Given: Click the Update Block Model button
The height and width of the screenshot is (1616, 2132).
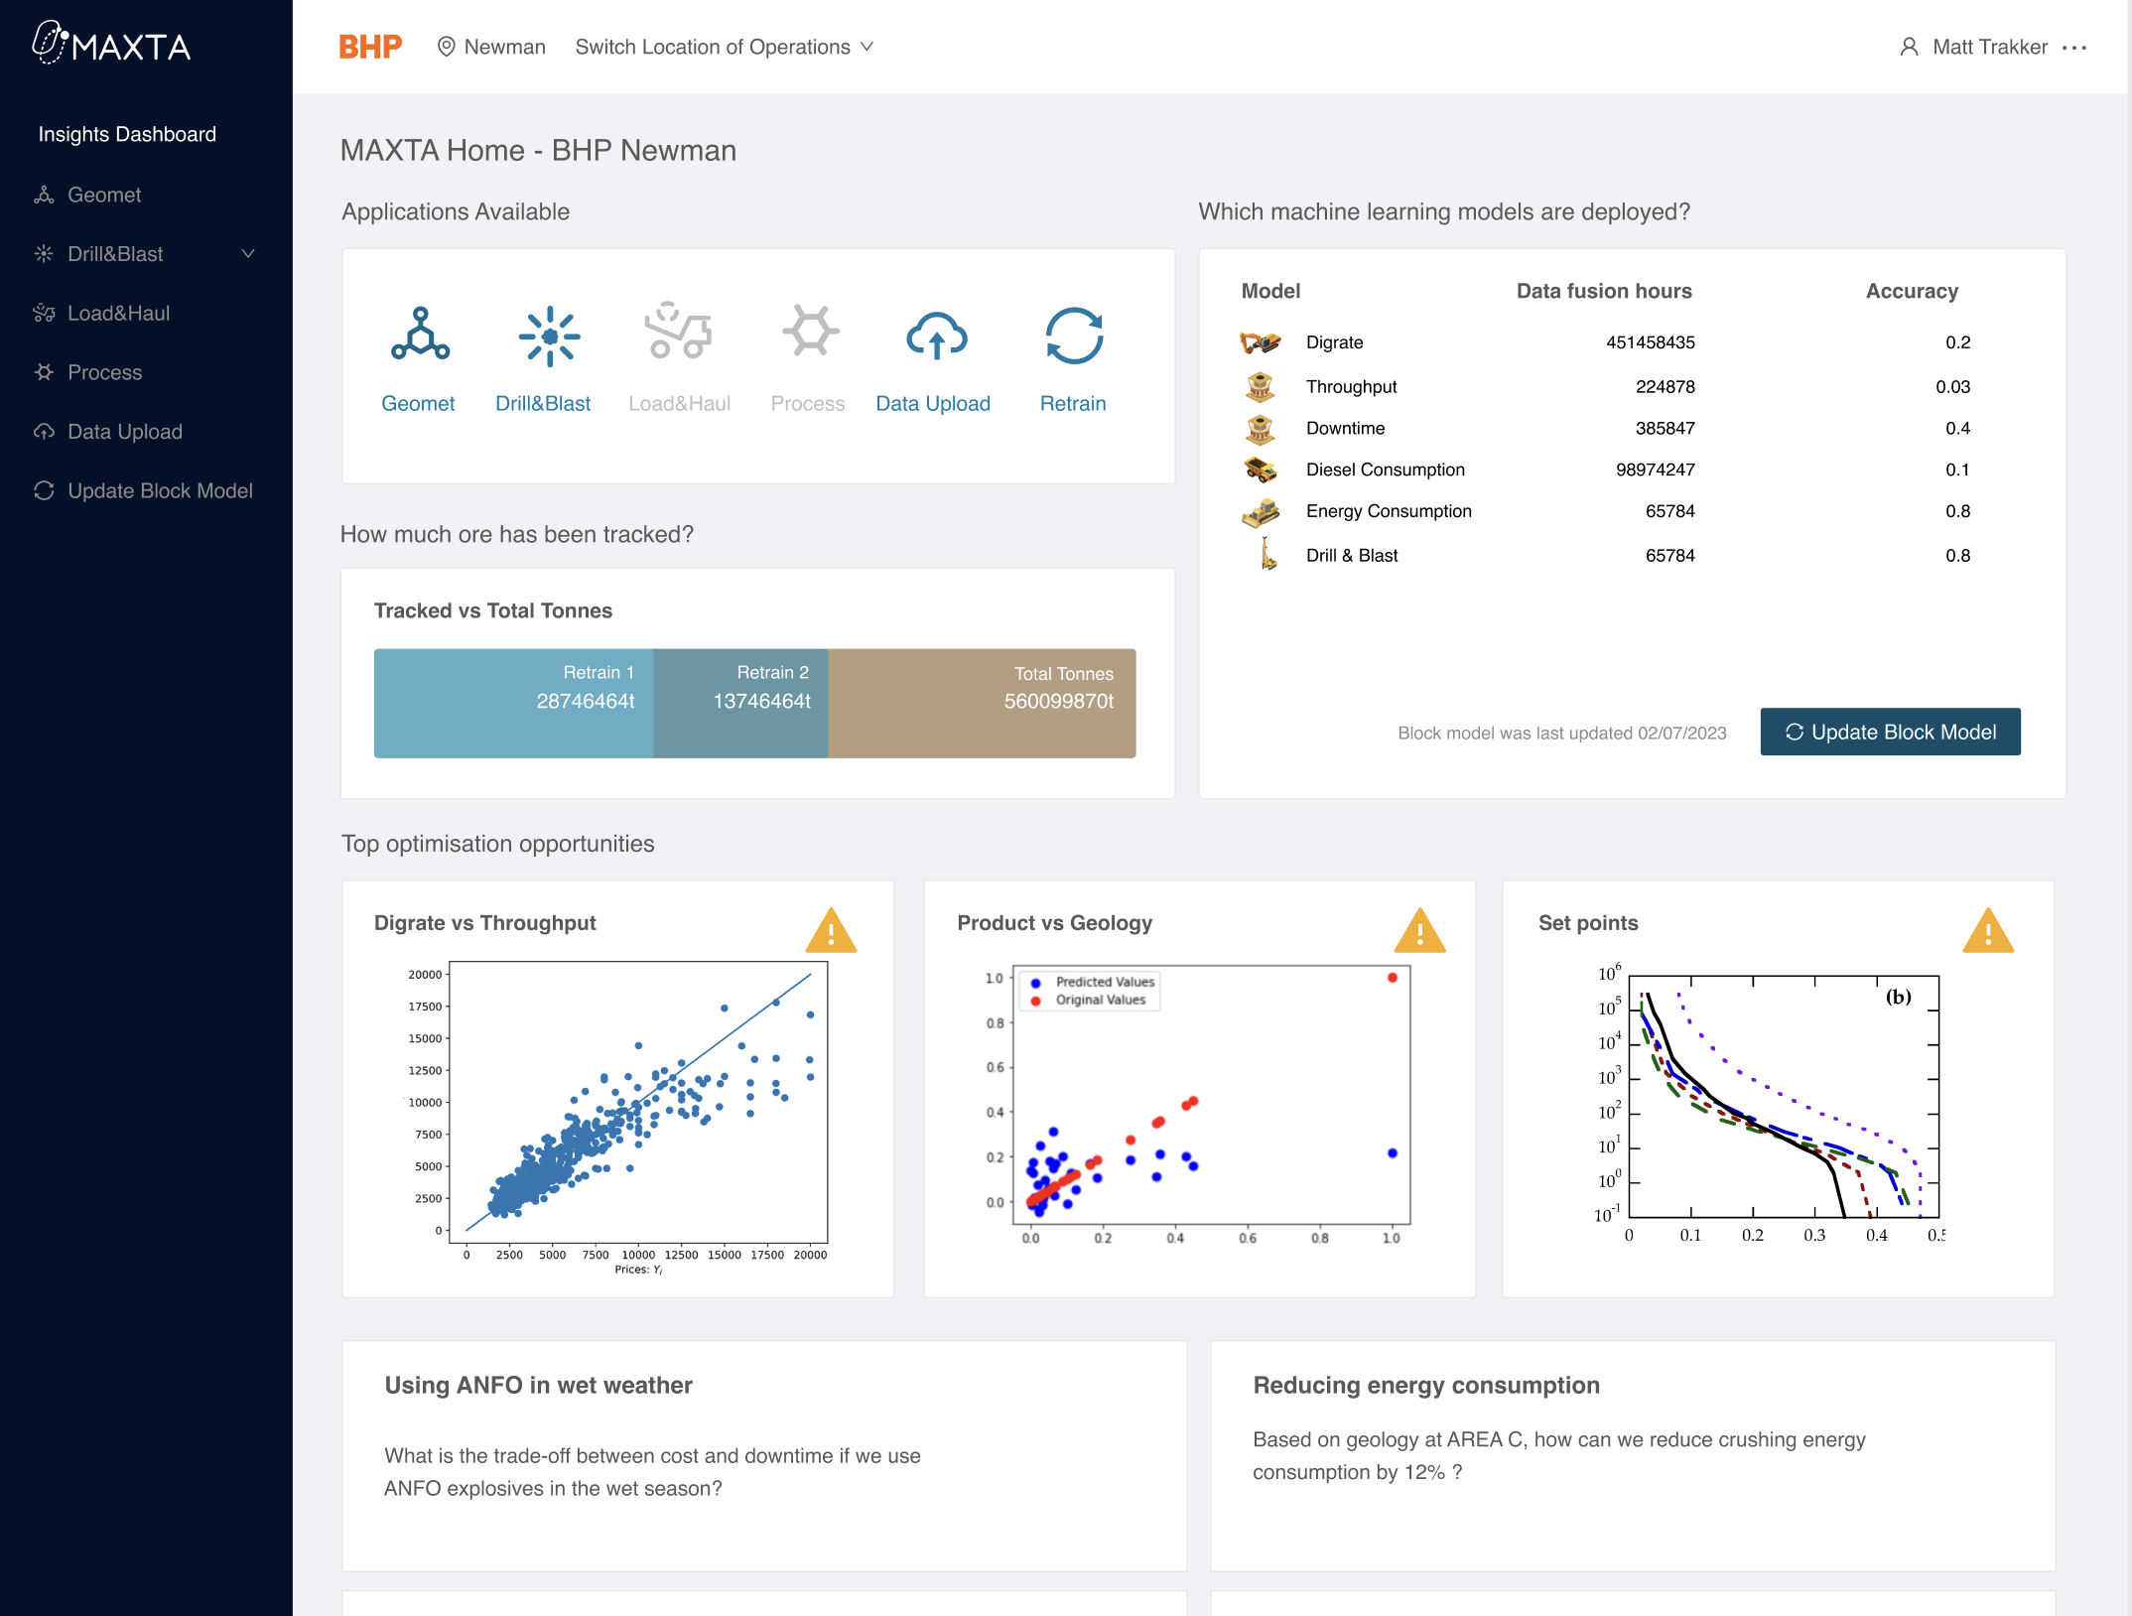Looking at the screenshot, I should click(1890, 732).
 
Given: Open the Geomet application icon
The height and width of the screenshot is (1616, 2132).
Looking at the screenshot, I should click(420, 335).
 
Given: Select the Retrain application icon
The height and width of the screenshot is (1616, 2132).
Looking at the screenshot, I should click(1074, 337).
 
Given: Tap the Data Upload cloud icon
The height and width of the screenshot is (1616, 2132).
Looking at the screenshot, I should click(936, 337).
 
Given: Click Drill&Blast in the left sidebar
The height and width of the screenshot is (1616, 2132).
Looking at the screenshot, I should click(115, 254).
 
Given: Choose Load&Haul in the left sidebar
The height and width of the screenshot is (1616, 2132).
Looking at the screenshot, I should click(118, 314).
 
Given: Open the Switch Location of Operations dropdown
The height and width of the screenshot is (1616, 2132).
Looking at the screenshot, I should click(724, 47).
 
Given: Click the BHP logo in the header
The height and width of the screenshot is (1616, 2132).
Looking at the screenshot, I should click(370, 47).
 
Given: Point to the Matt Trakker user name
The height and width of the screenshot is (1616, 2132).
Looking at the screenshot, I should click(1989, 47).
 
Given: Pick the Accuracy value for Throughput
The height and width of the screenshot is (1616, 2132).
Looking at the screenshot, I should click(1952, 387).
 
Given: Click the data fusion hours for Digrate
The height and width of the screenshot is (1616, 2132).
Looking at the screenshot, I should click(1650, 342).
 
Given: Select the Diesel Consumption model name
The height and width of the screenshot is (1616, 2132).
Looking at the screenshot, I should click(1385, 470).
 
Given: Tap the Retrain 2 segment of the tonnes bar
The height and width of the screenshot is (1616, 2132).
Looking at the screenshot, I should click(741, 703).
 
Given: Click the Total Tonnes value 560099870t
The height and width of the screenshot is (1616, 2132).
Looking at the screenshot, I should click(1058, 702).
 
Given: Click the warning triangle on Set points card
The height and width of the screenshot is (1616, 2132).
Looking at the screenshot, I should click(1987, 932).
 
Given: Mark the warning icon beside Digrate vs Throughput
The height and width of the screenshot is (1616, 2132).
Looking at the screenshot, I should click(831, 932).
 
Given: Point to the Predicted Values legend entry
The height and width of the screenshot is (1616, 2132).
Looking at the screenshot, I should click(1104, 982).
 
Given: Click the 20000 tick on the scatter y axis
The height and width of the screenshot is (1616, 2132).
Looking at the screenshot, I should click(425, 975).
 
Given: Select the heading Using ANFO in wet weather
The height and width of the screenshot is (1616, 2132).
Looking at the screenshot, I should click(538, 1385).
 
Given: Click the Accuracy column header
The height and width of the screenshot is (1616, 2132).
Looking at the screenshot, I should click(1912, 291).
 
